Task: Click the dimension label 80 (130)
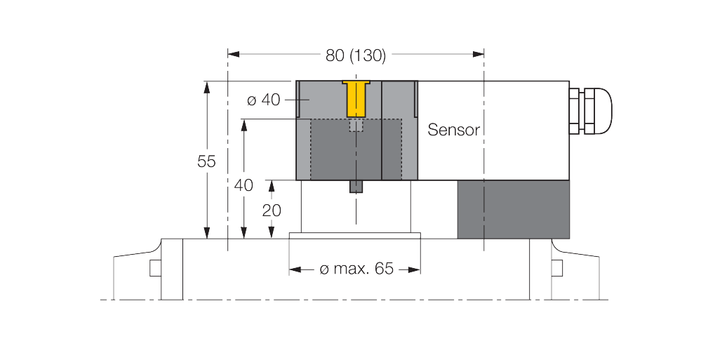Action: (356, 55)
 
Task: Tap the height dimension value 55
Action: (206, 161)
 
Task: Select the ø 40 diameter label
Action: (264, 100)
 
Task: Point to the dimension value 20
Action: (272, 210)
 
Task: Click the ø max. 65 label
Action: (356, 269)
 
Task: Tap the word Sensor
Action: (453, 130)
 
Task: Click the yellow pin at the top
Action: (356, 98)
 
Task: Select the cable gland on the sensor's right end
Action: (590, 110)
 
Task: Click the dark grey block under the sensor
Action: (513, 209)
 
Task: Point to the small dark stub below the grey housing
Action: (356, 187)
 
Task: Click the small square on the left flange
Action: (155, 268)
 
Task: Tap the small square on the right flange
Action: (557, 268)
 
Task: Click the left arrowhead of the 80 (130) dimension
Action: (234, 55)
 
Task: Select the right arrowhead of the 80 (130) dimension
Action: (479, 55)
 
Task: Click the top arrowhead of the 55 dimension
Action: (206, 87)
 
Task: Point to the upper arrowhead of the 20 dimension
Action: (272, 185)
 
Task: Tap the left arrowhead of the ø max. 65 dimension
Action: (295, 269)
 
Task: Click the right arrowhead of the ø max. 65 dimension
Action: (415, 269)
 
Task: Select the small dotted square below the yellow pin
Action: (356, 125)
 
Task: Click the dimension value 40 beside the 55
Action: (243, 185)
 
